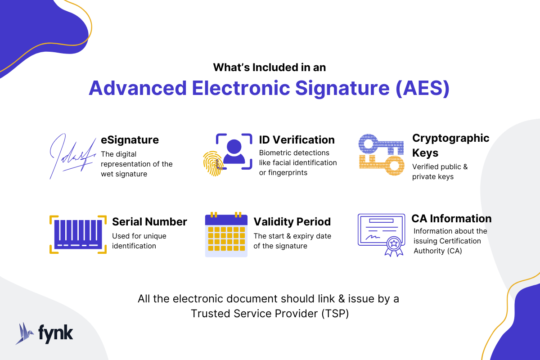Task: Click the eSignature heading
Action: click(x=130, y=140)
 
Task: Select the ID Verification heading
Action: click(x=297, y=140)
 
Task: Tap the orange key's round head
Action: click(x=394, y=166)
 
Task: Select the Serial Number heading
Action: click(x=149, y=222)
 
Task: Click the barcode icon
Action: click(x=78, y=234)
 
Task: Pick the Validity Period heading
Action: click(x=292, y=222)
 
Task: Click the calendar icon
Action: click(x=226, y=234)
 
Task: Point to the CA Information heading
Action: click(x=451, y=219)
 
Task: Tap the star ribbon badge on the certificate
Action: click(x=394, y=246)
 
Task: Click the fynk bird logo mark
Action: click(x=24, y=333)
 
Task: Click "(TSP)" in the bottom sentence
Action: click(x=335, y=314)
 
